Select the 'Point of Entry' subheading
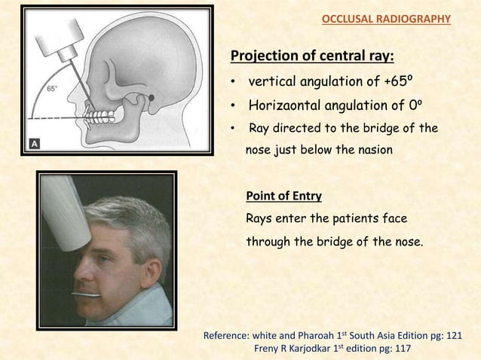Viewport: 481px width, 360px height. [x=283, y=197]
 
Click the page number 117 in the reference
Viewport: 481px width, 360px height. [x=401, y=349]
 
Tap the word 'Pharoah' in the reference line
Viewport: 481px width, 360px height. [x=305, y=334]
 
